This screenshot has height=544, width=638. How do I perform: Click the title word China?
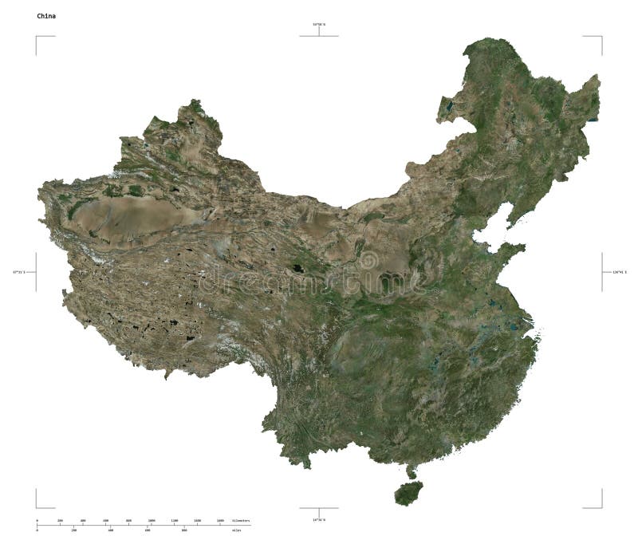click(x=46, y=15)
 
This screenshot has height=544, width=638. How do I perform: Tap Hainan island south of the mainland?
click(x=408, y=492)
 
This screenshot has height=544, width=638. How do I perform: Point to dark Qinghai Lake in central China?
click(x=297, y=268)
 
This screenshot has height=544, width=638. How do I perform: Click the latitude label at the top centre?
click(x=319, y=26)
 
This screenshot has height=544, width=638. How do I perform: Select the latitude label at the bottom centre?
click(x=319, y=519)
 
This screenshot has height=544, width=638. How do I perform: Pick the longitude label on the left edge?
click(x=18, y=272)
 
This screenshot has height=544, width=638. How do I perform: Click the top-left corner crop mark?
click(x=37, y=37)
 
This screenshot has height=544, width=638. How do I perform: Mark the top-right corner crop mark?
click(x=601, y=37)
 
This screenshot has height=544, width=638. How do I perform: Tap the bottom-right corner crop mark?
click(x=601, y=507)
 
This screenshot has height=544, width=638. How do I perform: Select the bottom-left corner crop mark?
click(x=37, y=507)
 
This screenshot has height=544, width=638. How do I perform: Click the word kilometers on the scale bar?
click(x=241, y=521)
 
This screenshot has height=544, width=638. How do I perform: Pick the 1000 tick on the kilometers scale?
click(x=151, y=521)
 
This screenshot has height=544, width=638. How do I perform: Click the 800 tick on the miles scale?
click(x=184, y=530)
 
